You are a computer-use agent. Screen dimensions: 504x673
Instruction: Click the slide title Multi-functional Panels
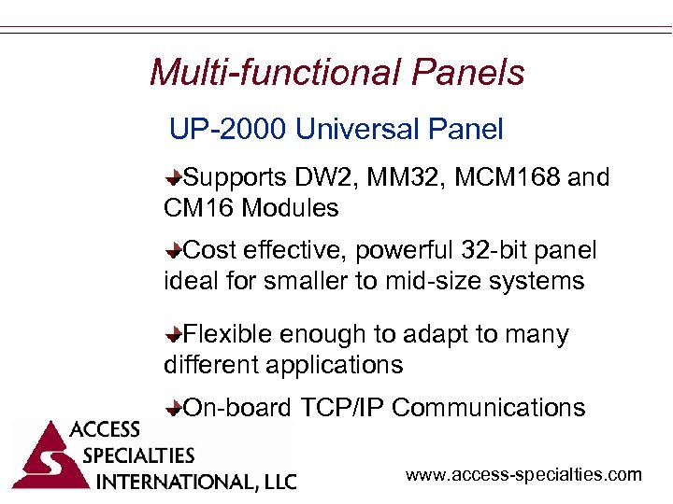[336, 72]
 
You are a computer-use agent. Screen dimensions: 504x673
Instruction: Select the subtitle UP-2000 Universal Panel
[336, 129]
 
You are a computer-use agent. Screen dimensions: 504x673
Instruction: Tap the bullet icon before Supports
[175, 177]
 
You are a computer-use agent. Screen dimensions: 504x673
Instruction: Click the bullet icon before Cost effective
[175, 251]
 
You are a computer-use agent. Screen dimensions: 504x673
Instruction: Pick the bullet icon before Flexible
[175, 334]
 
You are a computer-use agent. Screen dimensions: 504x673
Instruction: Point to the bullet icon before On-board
[175, 408]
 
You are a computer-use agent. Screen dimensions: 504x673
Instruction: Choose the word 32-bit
[496, 251]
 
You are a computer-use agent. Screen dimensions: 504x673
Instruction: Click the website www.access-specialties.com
[523, 475]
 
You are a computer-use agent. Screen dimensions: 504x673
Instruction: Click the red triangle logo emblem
[43, 457]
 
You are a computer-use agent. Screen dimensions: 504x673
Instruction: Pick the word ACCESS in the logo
[105, 430]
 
